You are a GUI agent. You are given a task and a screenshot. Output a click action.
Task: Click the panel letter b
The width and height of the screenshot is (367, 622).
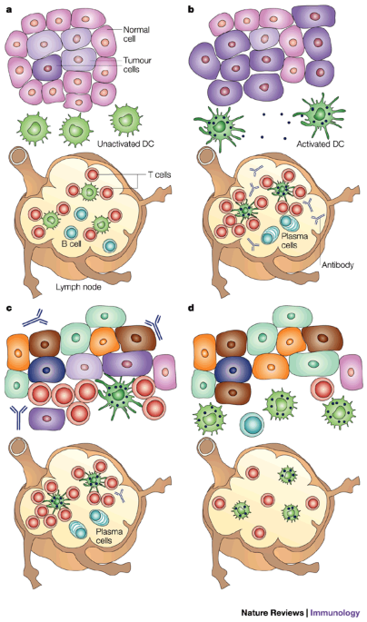click(192, 9)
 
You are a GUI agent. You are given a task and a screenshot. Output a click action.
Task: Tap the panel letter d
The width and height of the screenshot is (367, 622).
click(192, 308)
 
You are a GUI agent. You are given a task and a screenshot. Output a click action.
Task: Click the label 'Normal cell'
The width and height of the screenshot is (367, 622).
click(135, 35)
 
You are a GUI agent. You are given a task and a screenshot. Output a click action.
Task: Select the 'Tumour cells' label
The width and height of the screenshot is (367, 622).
click(137, 64)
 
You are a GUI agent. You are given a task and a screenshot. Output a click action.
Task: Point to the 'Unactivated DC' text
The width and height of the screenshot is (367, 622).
click(125, 144)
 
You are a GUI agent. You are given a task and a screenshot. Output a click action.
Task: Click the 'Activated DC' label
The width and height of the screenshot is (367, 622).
click(320, 144)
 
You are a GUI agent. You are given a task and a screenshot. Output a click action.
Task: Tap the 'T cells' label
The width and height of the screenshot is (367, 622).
click(159, 174)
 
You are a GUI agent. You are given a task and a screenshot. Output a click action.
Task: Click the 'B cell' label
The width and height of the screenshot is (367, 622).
click(72, 243)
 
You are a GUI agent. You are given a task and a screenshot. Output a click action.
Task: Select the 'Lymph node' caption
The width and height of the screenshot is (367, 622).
click(78, 286)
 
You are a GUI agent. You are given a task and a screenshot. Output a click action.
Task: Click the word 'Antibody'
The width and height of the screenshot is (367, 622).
click(337, 264)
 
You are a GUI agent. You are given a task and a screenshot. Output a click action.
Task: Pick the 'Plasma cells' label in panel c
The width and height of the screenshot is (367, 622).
click(109, 536)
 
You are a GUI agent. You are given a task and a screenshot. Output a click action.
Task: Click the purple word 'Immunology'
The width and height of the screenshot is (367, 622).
click(335, 613)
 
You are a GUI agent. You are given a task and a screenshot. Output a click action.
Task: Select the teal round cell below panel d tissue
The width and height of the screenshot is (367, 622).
click(252, 425)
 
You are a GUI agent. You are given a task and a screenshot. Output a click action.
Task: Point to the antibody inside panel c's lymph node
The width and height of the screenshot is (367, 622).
click(120, 494)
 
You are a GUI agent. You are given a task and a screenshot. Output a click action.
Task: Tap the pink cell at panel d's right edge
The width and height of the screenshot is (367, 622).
click(352, 372)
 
